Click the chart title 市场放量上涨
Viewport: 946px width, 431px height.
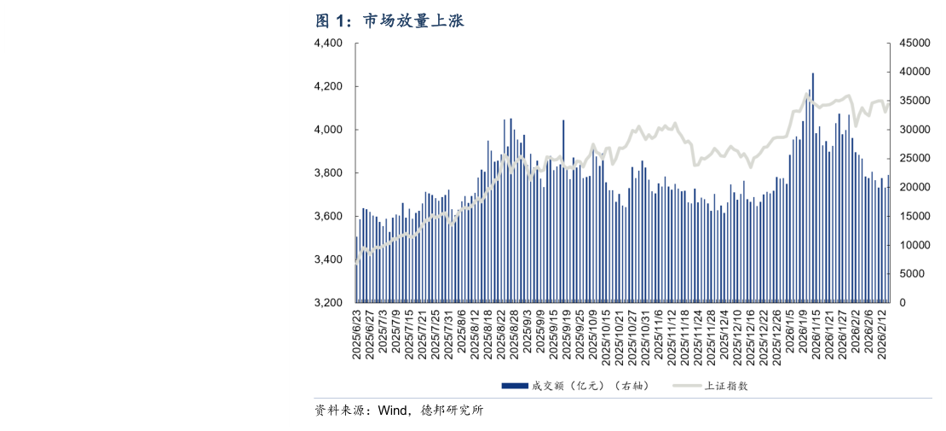414,21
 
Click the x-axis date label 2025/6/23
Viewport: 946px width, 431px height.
357,335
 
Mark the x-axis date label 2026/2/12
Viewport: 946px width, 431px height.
884,335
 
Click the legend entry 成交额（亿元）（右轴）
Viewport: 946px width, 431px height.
590,386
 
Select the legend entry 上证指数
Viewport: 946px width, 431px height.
726,386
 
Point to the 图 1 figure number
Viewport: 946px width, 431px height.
333,21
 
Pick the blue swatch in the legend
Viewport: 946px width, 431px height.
515,386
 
